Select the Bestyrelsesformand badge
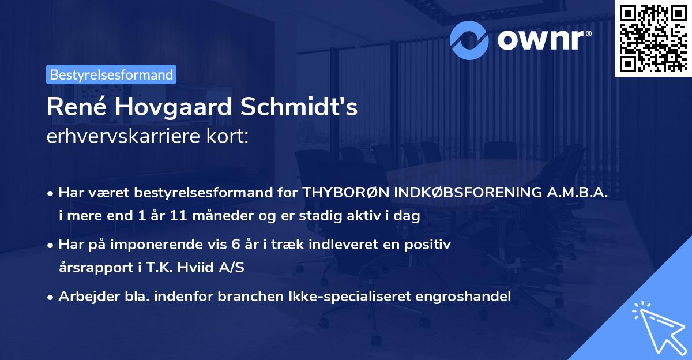click(111, 74)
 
